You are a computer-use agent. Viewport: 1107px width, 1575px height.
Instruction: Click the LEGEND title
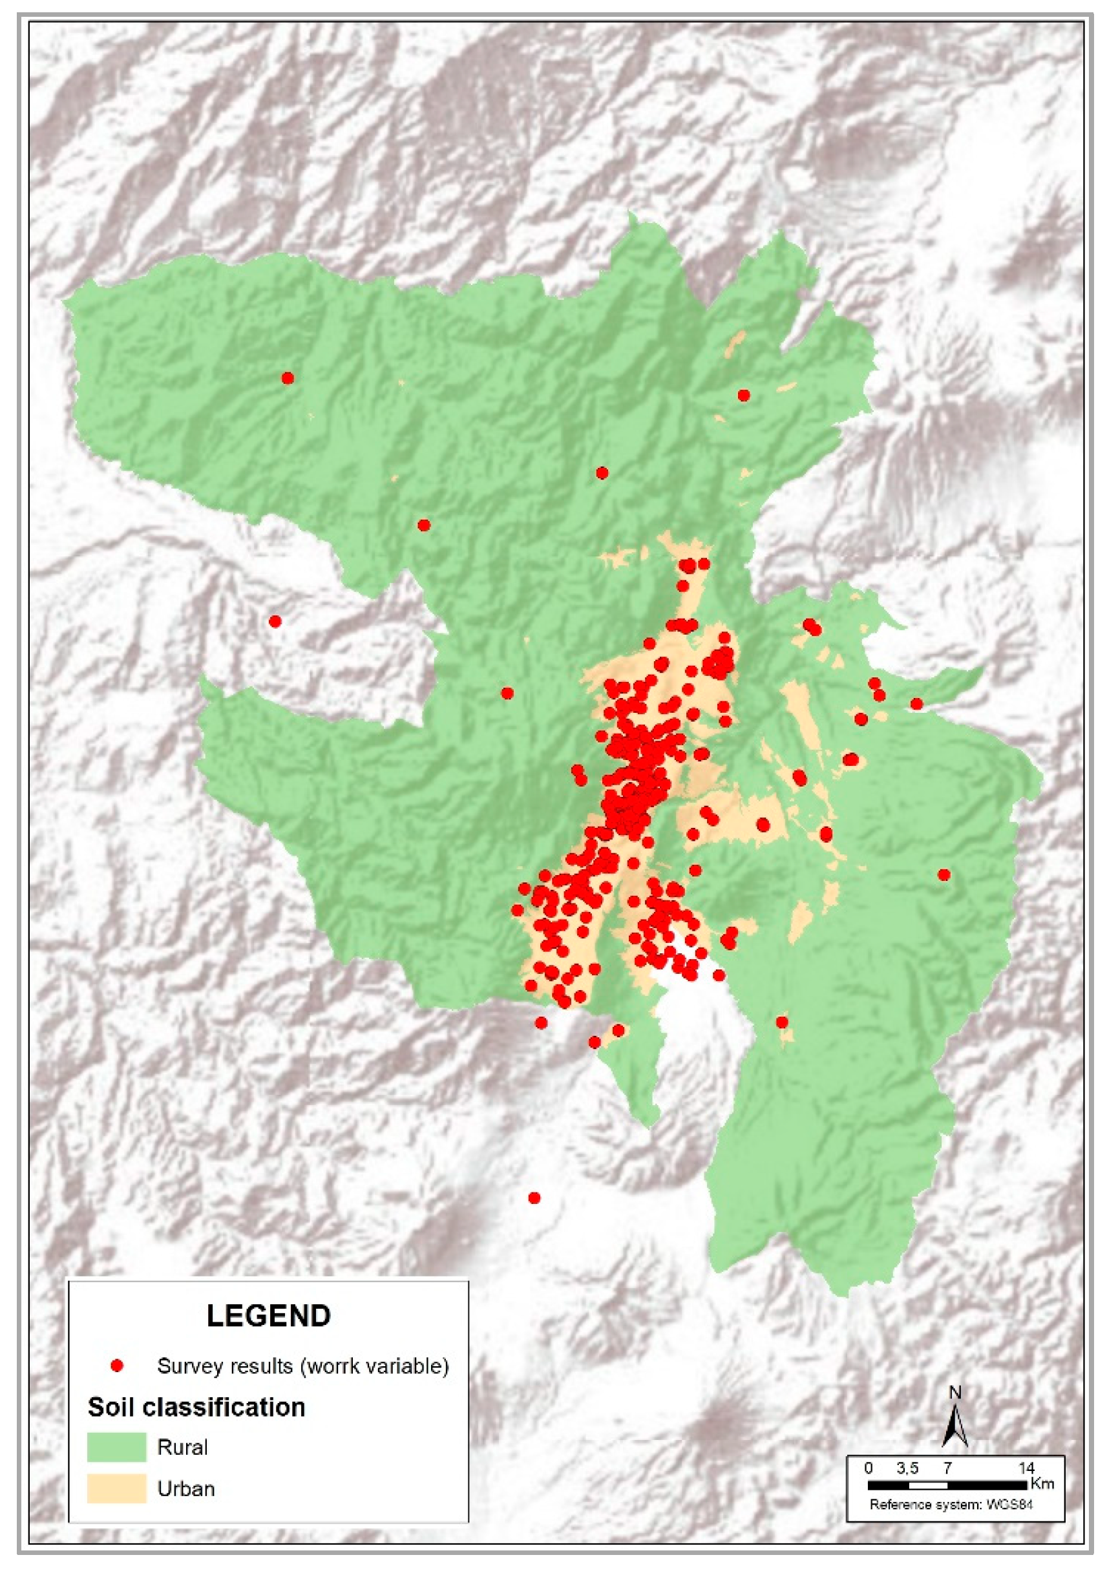pos(268,1316)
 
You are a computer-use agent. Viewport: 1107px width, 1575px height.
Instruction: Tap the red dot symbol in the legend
pos(117,1366)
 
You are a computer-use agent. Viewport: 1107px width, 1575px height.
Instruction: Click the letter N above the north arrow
pos(954,1393)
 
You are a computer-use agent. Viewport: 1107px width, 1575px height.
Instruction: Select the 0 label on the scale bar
pos(869,1468)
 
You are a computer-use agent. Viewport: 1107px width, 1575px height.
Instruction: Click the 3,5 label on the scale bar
pos(907,1468)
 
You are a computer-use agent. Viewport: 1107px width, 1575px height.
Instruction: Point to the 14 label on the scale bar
pos(1026,1468)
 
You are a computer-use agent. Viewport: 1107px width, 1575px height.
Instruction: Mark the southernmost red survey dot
pos(534,1198)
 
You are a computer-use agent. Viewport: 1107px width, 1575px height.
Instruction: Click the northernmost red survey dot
pos(288,378)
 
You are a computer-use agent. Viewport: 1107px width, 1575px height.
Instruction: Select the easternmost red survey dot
pos(944,874)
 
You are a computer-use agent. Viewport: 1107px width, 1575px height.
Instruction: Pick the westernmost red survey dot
pos(275,622)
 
